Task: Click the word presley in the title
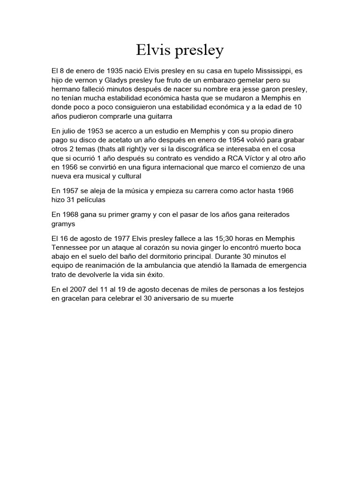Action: (199, 51)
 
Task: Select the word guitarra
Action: (157, 116)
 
